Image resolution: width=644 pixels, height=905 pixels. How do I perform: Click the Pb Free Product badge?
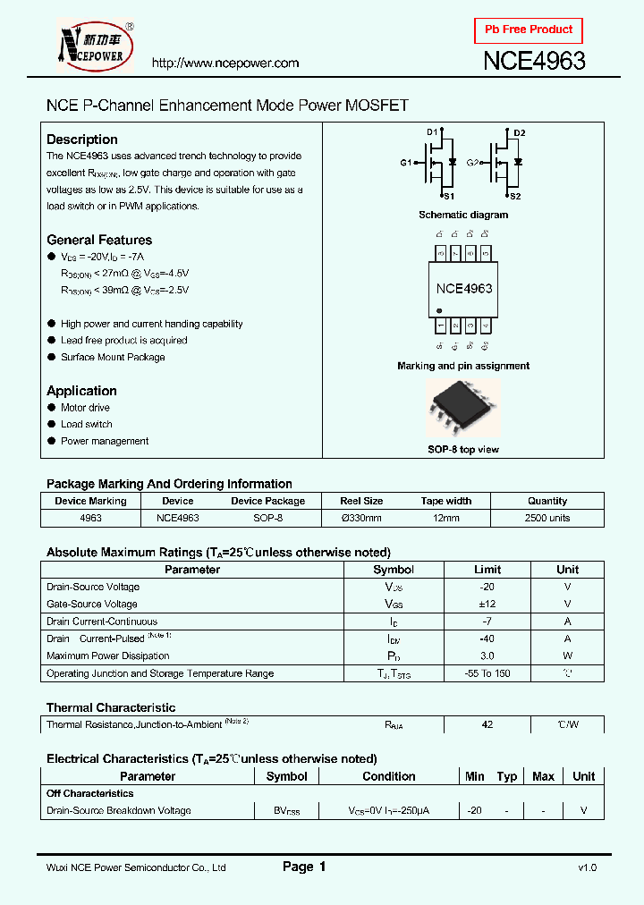click(528, 30)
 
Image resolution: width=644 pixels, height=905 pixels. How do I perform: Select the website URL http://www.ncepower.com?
click(225, 63)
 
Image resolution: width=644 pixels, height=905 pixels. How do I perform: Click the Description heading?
click(82, 140)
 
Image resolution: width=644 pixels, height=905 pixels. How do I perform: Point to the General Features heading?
click(99, 240)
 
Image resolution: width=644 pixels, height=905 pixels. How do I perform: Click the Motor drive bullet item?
click(85, 408)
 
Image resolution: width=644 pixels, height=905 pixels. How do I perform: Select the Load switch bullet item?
click(86, 424)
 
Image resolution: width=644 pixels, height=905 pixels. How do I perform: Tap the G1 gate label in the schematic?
click(405, 163)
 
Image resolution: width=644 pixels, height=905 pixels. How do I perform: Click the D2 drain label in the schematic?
click(520, 133)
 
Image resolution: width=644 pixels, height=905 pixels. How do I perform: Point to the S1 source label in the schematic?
click(448, 195)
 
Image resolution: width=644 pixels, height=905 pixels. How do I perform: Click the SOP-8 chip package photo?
click(462, 407)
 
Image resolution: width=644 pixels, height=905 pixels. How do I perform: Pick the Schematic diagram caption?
click(463, 215)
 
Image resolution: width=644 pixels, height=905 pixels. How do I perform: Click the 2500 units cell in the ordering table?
click(547, 518)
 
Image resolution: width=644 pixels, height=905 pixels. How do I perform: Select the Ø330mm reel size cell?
click(361, 518)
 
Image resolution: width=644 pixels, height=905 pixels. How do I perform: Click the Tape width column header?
click(445, 501)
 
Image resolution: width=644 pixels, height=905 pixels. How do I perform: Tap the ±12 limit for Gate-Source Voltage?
click(487, 604)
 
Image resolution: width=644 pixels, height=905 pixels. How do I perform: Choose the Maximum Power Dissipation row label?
click(107, 655)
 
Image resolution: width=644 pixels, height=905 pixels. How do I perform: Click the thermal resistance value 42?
click(487, 724)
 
